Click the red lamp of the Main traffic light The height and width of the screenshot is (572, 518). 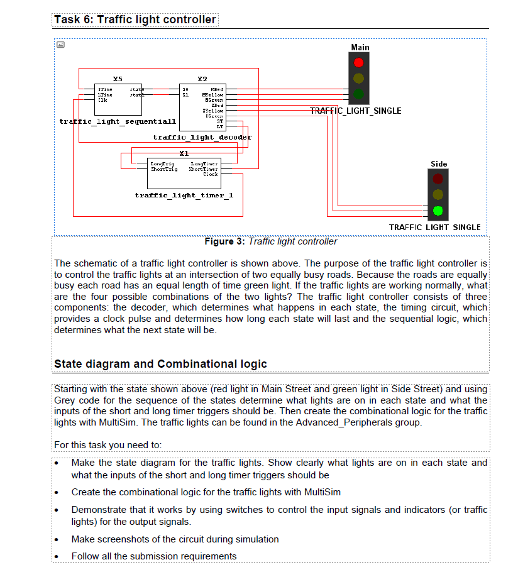point(358,63)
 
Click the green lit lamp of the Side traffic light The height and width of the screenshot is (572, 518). point(438,210)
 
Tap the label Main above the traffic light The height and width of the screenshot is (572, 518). point(360,47)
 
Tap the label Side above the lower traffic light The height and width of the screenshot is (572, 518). point(439,163)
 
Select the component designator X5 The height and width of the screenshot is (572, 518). point(118,79)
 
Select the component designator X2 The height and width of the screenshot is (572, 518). point(201,79)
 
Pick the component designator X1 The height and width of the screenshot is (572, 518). point(184,153)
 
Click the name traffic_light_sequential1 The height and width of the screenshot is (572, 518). point(118,121)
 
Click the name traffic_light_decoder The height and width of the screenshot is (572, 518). point(202,136)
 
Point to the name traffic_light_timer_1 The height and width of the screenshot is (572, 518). point(184,195)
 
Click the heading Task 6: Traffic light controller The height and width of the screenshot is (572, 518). point(135,19)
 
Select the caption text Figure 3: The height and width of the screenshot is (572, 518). point(225,241)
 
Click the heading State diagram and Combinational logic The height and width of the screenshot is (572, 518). point(160,364)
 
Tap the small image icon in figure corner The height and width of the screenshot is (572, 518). point(60,45)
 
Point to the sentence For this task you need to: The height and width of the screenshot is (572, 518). point(108,445)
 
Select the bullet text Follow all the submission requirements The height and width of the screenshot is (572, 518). point(153,556)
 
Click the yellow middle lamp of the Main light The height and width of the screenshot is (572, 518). point(358,79)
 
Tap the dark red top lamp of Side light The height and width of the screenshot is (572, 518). point(438,179)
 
